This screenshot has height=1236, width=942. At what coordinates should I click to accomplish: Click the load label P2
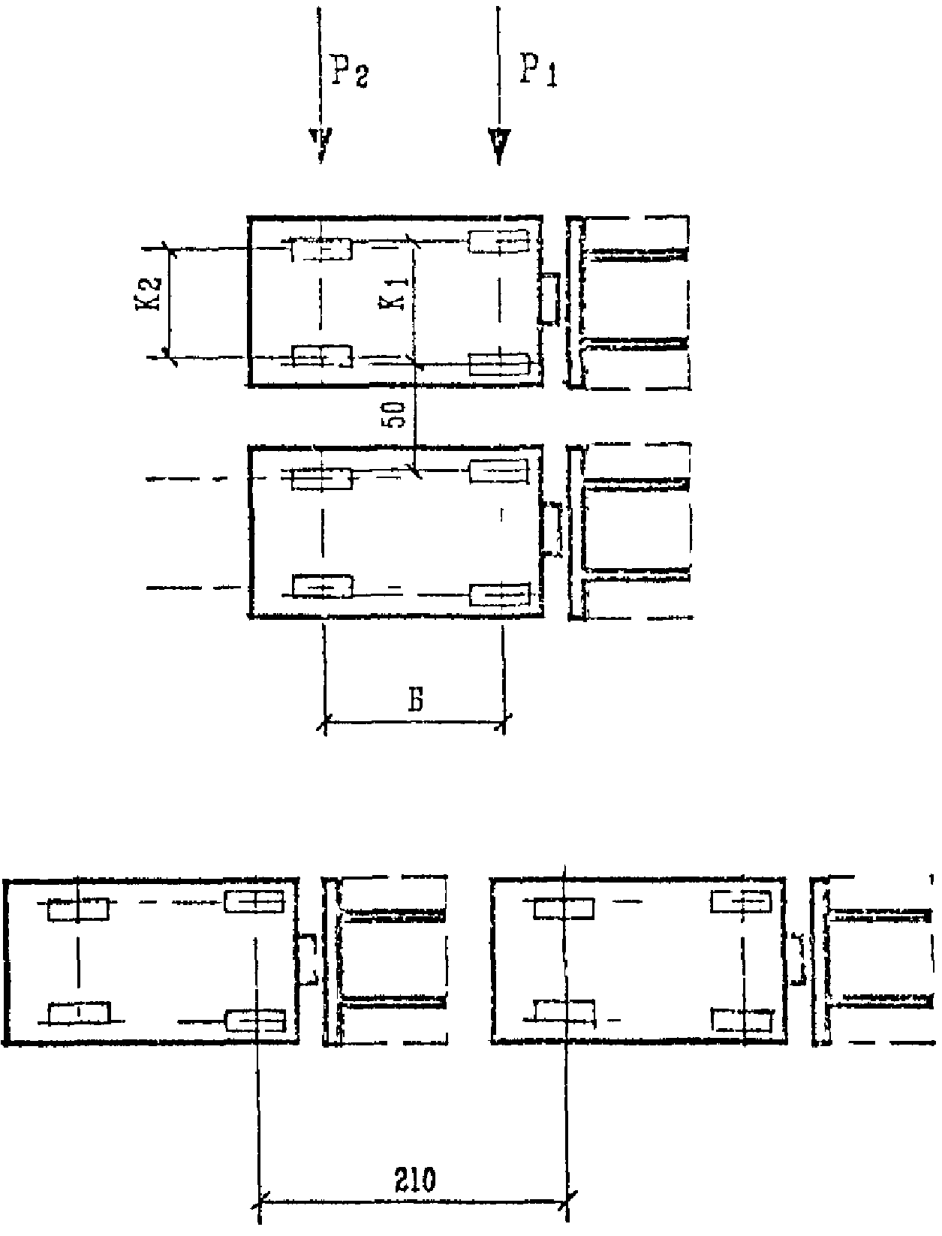349,71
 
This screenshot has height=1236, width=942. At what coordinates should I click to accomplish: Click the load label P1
538,71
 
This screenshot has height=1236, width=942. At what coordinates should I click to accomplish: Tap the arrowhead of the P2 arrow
321,146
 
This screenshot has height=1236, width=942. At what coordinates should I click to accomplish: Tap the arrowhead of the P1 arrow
499,146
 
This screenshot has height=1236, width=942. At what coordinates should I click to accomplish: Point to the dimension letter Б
415,700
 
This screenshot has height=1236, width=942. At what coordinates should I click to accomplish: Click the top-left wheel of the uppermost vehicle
321,249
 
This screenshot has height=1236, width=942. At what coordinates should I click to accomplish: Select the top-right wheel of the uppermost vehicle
499,241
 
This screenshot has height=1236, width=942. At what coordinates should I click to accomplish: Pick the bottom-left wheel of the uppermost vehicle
321,356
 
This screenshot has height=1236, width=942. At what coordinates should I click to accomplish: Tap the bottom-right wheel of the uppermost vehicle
500,364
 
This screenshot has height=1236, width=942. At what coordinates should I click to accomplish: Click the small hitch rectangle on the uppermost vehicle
549,299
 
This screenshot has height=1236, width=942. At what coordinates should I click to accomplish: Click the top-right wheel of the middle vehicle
499,471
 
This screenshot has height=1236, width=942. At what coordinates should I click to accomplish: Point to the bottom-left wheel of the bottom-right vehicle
564,1011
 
